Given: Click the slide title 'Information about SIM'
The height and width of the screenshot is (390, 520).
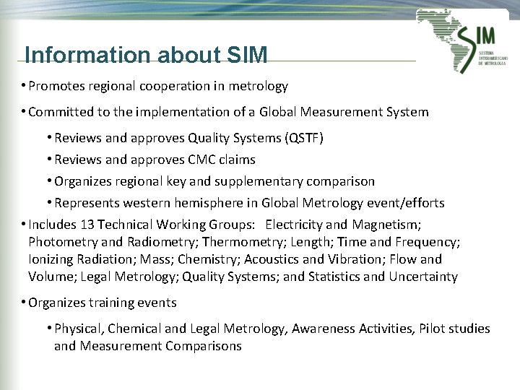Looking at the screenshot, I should pyautogui.click(x=146, y=55).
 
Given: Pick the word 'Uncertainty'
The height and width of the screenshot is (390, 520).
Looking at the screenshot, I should pyautogui.click(x=423, y=277).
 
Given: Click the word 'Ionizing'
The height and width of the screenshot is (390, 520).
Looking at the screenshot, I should pyautogui.click(x=52, y=259).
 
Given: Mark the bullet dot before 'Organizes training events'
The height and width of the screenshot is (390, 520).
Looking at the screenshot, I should pyautogui.click(x=24, y=303).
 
